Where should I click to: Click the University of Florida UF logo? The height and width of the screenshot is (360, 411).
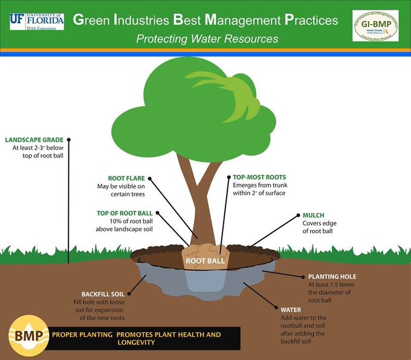pos(37,21)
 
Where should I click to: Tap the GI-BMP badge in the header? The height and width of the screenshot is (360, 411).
pos(375,25)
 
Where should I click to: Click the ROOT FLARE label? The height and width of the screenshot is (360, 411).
pos(125,178)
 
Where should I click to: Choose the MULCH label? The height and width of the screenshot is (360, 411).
pos(313,215)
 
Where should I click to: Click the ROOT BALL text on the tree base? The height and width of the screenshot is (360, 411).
pos(205,261)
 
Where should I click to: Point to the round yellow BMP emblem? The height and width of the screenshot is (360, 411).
pos(28,335)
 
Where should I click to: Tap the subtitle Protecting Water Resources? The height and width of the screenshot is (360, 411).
pos(207,39)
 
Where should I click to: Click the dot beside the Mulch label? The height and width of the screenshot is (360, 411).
pos(297,215)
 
